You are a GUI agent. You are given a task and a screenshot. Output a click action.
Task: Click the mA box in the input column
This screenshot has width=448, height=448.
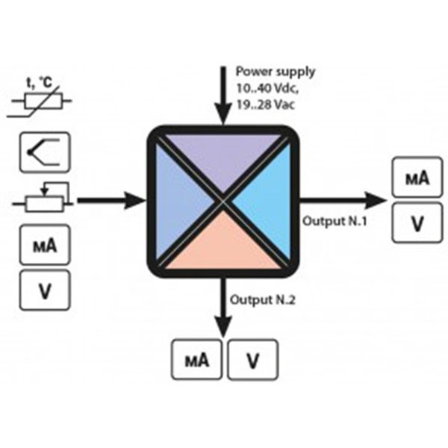(43, 245)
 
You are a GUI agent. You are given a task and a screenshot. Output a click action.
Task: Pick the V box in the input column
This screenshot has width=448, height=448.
(43, 290)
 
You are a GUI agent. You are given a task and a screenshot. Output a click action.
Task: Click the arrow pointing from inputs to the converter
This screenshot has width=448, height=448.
(112, 200)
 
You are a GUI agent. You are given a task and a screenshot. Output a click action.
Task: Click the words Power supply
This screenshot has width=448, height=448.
(275, 72)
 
